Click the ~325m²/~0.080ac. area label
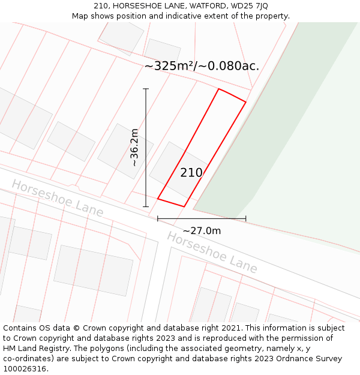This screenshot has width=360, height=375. click(x=202, y=66)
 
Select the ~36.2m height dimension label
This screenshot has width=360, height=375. click(x=134, y=148)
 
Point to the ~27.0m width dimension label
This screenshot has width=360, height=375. click(x=202, y=231)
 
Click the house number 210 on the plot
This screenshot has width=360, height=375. click(x=191, y=173)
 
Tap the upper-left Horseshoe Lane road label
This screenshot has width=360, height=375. click(x=57, y=198)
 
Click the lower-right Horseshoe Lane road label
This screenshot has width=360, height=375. click(x=212, y=252)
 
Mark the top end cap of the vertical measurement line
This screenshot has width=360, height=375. click(x=146, y=89)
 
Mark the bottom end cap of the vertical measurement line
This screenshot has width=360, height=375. click(x=146, y=207)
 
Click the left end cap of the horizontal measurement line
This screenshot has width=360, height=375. click(x=158, y=219)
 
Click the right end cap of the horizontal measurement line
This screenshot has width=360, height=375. click(x=246, y=219)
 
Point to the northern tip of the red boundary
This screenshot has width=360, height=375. click(x=219, y=89)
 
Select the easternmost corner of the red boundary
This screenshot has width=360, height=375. click(x=246, y=102)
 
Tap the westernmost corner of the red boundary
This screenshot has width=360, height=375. click(x=158, y=199)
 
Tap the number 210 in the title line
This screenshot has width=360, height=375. click(x=101, y=6)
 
